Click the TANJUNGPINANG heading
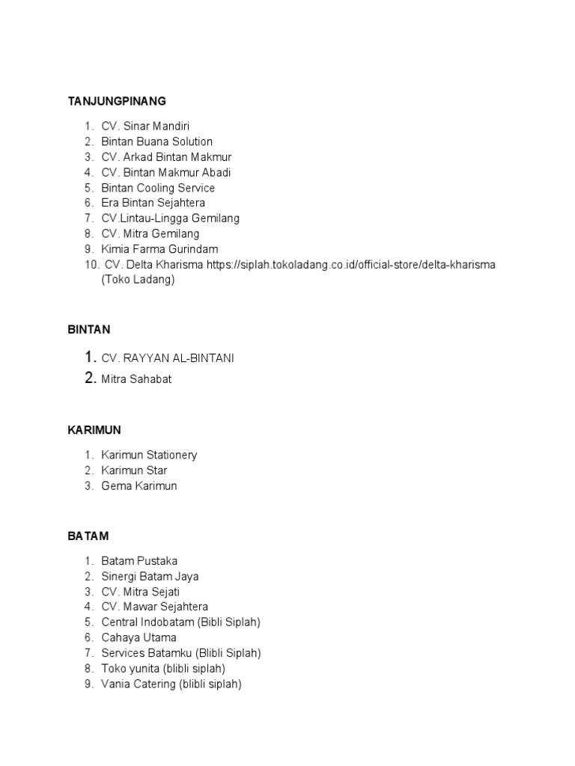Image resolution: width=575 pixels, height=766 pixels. coord(117,101)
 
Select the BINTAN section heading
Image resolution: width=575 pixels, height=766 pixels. coord(88,329)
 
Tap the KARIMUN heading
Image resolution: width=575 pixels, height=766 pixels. coord(94,430)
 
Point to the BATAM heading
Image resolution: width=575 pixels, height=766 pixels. coord(88,536)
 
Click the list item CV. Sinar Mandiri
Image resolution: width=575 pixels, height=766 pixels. coord(150,126)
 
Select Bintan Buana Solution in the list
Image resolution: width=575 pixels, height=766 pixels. coord(156,141)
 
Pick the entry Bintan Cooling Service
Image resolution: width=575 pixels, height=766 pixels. coord(158,188)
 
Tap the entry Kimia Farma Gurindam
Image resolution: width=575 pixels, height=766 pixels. coord(159,249)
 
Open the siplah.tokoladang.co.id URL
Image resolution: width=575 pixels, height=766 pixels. coord(351,265)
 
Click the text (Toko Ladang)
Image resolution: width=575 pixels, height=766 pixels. coord(138,280)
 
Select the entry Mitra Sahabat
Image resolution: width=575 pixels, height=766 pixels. coord(136,379)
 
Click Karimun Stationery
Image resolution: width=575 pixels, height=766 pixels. coord(149,455)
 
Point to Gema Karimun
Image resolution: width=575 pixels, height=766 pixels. coord(139,486)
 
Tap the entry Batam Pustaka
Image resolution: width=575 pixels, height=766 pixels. coord(139,561)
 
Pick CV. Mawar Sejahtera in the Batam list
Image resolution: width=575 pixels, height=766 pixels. coord(155,607)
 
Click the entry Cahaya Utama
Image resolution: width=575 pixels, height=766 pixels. coord(139,637)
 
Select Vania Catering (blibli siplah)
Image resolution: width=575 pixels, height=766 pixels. coord(171,684)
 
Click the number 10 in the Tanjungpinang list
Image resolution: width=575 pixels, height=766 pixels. coord(91,265)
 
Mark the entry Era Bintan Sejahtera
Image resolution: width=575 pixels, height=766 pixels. coord(153,203)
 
